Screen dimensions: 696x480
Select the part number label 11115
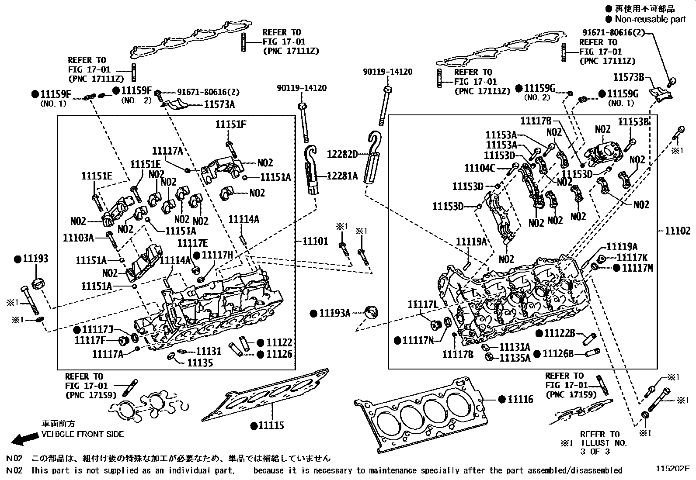coord(271,425)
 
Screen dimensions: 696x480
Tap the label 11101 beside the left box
coord(315,241)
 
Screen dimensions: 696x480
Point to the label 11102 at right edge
coord(678,231)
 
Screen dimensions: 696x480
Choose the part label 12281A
coord(342,176)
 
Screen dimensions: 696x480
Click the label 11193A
coord(334,314)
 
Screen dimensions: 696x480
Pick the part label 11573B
coord(629,77)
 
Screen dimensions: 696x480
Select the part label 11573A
coord(219,104)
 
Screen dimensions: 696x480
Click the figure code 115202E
coord(672,469)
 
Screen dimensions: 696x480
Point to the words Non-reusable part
coord(650,19)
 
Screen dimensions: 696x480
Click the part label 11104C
coord(480,168)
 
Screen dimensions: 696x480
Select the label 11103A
coord(78,238)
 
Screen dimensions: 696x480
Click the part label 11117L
coord(423,304)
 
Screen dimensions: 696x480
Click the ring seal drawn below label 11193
coord(38,283)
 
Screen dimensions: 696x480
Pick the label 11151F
coord(231,124)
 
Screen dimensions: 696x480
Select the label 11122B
coord(560,333)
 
